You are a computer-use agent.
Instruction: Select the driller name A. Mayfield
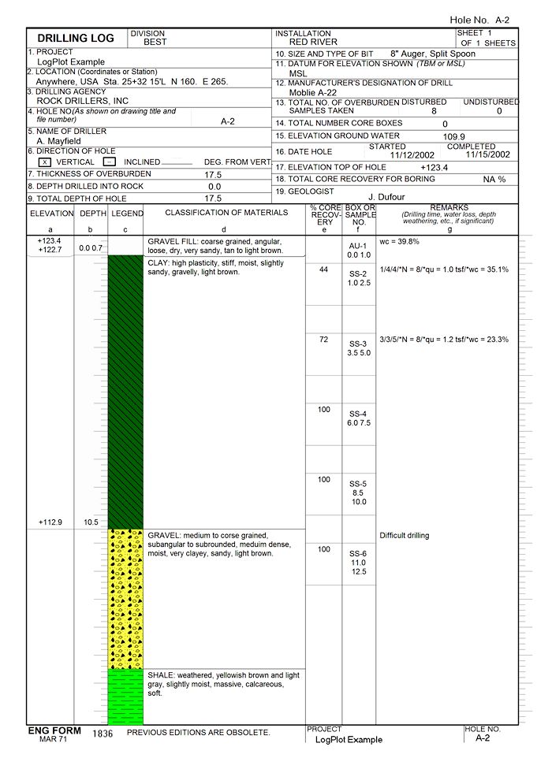click(x=58, y=141)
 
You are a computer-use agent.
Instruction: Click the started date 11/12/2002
click(x=413, y=155)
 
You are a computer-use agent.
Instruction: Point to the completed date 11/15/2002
click(x=488, y=154)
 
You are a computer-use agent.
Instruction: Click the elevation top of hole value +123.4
click(x=435, y=167)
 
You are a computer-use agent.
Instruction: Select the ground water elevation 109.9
click(x=454, y=136)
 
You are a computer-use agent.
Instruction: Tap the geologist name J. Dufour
click(x=388, y=197)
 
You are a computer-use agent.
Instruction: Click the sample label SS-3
click(x=358, y=344)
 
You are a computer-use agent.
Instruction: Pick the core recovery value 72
click(x=323, y=340)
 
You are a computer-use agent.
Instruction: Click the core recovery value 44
click(x=323, y=269)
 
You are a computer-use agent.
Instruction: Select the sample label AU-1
click(x=358, y=246)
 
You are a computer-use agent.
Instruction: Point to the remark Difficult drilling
click(x=405, y=536)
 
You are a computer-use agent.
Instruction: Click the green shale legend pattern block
click(x=125, y=697)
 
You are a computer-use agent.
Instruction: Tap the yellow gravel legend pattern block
click(x=125, y=599)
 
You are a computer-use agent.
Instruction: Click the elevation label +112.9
click(x=50, y=522)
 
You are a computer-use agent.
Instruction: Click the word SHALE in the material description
click(x=161, y=676)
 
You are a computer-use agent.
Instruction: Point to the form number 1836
click(x=103, y=734)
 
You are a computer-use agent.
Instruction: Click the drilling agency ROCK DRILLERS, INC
click(x=82, y=101)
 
